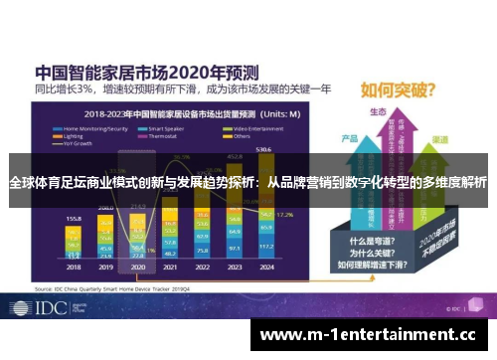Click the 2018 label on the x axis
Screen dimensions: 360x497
[75, 267]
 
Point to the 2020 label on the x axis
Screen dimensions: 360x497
[138, 267]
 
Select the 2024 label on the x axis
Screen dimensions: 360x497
[264, 267]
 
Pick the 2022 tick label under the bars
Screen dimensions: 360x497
[202, 267]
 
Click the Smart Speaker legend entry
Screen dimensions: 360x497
[170, 129]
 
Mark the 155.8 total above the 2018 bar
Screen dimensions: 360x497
[74, 217]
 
